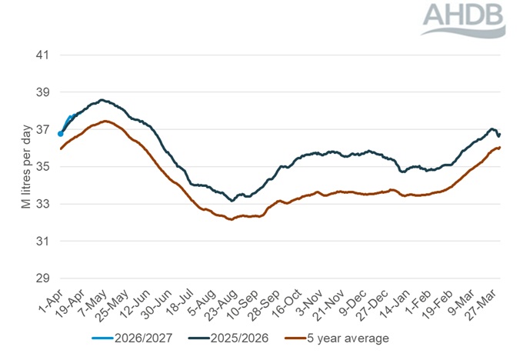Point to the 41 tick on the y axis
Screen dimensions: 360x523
42,55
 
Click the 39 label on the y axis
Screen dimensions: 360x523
42,92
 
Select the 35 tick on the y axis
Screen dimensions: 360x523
42,167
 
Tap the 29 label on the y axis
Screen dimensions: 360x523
42,278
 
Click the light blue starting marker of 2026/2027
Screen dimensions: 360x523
61,134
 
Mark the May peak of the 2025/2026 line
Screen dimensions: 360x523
102,100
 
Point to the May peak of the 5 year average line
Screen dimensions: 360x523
105,121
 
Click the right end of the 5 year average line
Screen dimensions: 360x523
500,147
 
